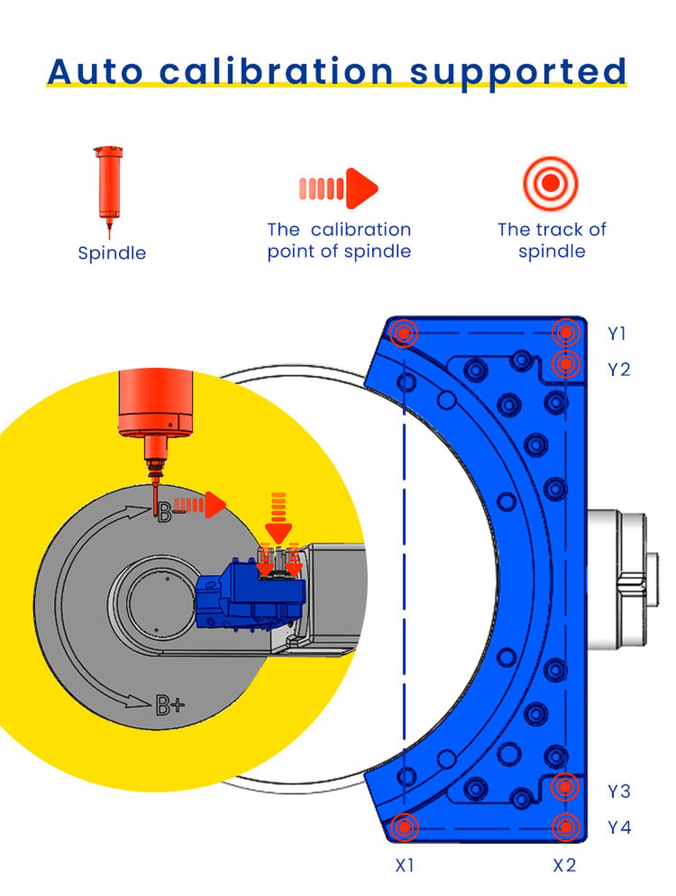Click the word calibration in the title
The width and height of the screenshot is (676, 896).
pos(276,71)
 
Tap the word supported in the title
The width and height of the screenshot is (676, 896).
pos(518,72)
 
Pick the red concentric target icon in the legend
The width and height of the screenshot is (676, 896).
pos(551,183)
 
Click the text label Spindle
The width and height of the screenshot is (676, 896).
pos(112,253)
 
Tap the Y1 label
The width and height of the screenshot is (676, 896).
pos(617,333)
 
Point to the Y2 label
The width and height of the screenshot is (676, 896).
pos(619,369)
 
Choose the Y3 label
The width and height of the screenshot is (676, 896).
pos(619,791)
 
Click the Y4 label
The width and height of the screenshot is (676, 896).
pos(619,827)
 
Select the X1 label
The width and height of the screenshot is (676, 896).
pos(404,866)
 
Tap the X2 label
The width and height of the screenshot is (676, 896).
pos(564,866)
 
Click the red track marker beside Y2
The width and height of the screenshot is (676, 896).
pos(566,364)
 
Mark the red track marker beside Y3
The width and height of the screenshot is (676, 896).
pos(565,786)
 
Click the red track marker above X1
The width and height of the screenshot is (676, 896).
pos(404,826)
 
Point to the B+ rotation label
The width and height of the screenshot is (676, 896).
pos(170,705)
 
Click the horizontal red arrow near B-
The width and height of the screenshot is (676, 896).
pos(199,505)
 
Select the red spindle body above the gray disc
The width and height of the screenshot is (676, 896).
pos(155,402)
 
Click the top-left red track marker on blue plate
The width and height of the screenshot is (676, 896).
pos(404,333)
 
